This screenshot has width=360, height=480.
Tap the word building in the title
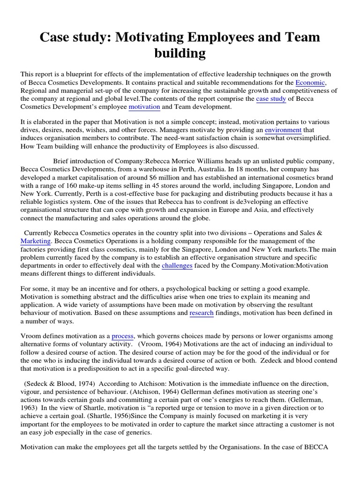(180, 53)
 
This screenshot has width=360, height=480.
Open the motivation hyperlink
(144, 107)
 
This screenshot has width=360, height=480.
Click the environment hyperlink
(283, 129)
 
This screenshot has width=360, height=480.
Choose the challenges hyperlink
(177, 266)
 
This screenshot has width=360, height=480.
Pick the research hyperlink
(202, 313)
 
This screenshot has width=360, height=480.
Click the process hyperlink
(123, 336)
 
